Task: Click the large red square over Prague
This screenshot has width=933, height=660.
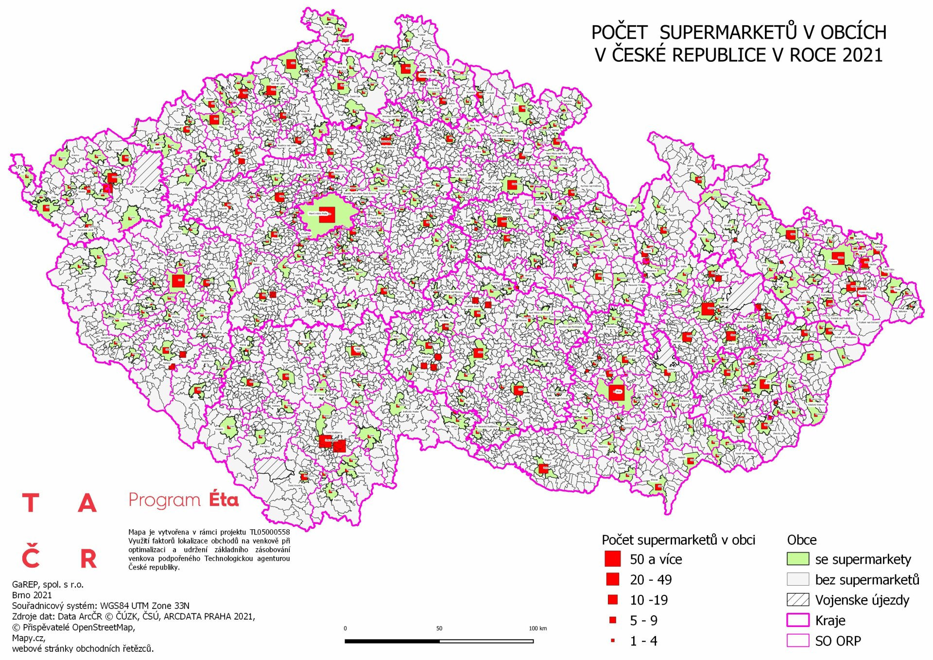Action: (x=327, y=215)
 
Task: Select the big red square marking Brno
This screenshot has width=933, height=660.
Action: (x=616, y=392)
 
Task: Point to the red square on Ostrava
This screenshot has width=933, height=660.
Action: (x=837, y=258)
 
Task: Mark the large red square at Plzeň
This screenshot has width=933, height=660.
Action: (x=178, y=281)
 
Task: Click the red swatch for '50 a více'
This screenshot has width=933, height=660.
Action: (x=612, y=559)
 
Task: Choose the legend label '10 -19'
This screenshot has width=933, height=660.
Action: (x=648, y=600)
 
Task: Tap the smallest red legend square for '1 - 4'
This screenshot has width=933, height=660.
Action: (x=612, y=641)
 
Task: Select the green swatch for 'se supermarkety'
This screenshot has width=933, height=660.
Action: (x=797, y=559)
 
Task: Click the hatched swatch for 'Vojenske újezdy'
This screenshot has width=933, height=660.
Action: (x=797, y=600)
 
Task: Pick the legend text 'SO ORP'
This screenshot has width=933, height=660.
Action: (x=838, y=641)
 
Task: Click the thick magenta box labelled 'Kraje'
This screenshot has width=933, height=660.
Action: (x=797, y=620)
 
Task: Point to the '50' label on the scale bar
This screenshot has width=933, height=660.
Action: (x=439, y=628)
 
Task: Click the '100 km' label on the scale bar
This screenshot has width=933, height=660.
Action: (x=537, y=628)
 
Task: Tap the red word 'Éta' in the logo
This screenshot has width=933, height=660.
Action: (x=224, y=500)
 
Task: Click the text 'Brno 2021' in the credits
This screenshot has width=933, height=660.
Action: (x=32, y=595)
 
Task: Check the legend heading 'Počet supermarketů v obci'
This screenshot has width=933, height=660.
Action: (x=678, y=540)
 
